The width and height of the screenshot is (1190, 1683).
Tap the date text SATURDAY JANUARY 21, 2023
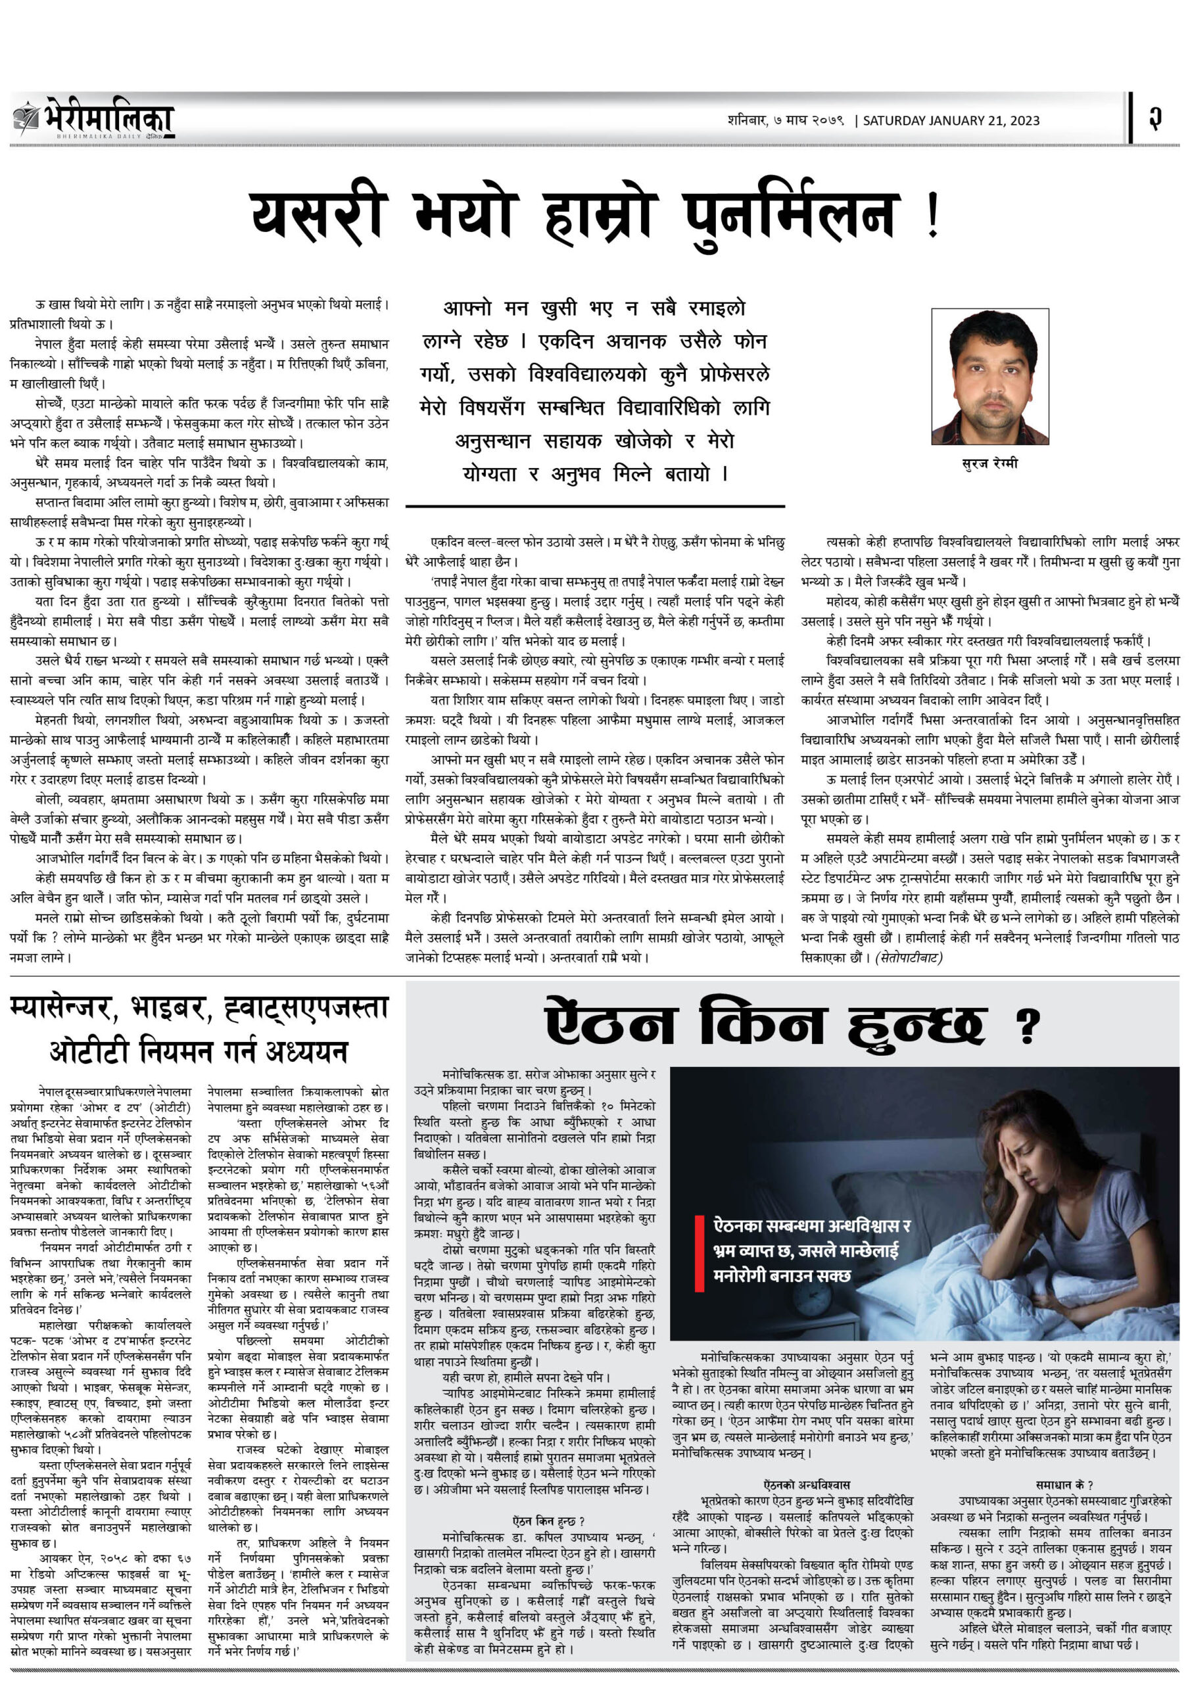coord(951,121)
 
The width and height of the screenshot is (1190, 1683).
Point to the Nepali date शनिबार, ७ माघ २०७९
coord(786,120)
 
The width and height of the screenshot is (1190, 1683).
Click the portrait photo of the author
coord(990,376)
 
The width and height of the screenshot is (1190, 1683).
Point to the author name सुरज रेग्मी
coord(990,463)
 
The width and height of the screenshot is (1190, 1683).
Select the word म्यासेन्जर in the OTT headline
coord(64,1008)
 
